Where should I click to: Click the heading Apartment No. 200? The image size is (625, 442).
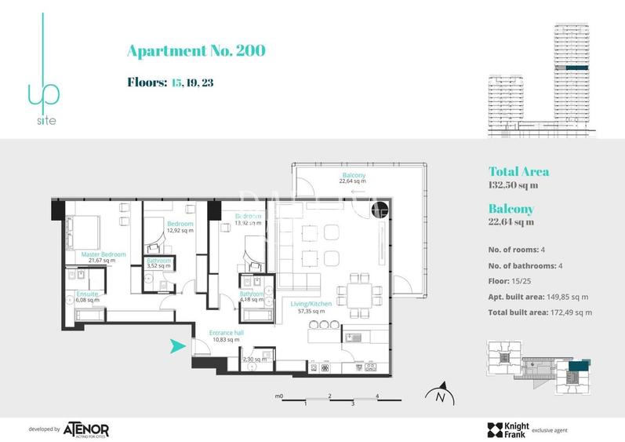[195, 52]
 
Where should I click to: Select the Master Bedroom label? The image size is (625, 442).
[104, 255]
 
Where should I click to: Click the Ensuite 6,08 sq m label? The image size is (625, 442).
[87, 296]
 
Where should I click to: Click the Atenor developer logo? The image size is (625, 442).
[85, 429]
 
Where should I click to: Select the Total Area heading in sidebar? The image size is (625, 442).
[518, 171]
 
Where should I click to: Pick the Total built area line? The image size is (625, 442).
[540, 312]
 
